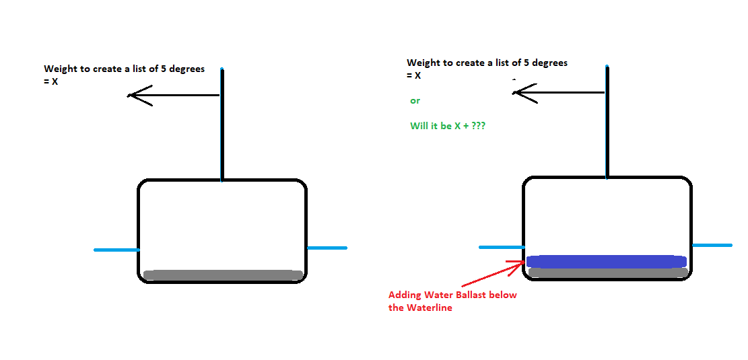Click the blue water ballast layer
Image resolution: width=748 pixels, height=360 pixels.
tap(606, 261)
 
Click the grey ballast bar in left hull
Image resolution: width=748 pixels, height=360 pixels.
tap(222, 275)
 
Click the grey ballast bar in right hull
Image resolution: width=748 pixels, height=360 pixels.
tap(607, 273)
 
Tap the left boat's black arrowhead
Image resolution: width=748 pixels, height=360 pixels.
tap(135, 96)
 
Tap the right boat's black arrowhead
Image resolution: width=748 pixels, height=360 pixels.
tap(520, 93)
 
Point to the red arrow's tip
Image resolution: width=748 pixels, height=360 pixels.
tap(524, 263)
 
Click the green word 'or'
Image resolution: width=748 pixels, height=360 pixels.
tap(415, 101)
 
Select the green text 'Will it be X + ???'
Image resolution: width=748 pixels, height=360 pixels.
tap(448, 126)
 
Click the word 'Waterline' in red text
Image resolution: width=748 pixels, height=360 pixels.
tap(429, 308)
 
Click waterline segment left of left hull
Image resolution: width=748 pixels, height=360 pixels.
tap(116, 250)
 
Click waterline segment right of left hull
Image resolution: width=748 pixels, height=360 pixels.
tap(327, 248)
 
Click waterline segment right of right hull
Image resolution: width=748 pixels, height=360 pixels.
tap(712, 245)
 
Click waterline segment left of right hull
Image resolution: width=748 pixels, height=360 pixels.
tap(501, 247)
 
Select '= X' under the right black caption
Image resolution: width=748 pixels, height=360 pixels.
tap(414, 75)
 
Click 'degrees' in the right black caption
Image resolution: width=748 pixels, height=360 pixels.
tap(549, 63)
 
